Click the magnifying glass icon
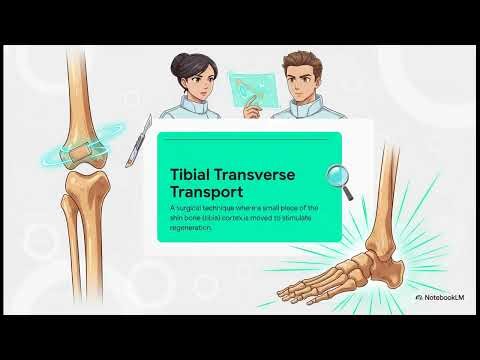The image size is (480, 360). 343,178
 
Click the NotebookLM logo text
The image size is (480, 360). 445,298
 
